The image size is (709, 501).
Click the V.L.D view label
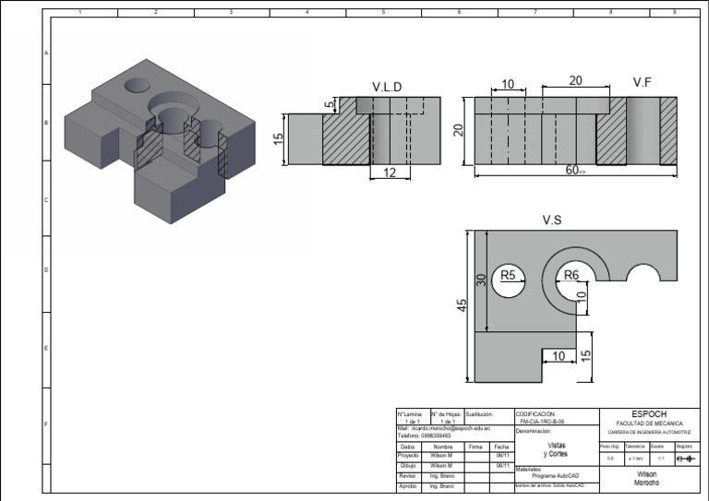point(387,87)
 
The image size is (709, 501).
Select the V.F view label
point(643,82)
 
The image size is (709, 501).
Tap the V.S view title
point(553,220)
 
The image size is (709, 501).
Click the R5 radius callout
point(509,274)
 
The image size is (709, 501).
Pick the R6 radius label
point(571,274)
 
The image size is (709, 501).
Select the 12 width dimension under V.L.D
point(389,173)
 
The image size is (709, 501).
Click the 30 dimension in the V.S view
point(481,279)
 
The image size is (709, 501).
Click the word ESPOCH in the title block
point(648,414)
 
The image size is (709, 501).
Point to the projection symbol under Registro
point(684,458)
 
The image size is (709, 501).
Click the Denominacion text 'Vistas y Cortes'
point(556,449)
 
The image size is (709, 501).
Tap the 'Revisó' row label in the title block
point(407,476)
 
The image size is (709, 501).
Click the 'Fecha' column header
point(503,446)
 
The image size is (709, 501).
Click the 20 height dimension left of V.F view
point(458,130)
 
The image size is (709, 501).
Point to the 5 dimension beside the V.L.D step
point(328,105)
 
